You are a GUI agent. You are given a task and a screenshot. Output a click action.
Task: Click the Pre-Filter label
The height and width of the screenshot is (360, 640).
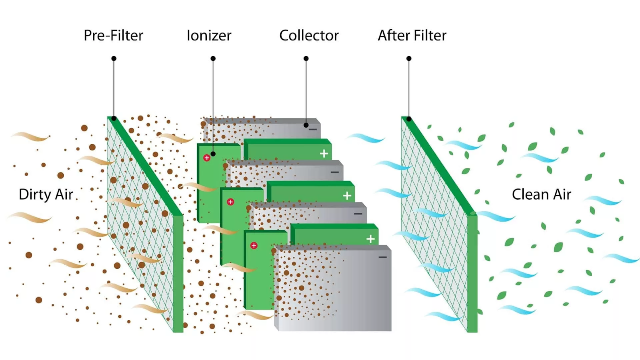pyautogui.click(x=114, y=36)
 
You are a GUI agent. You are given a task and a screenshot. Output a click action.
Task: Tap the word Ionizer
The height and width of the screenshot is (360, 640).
pyautogui.click(x=209, y=36)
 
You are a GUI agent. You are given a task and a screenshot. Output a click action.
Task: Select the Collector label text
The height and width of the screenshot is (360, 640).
pyautogui.click(x=309, y=36)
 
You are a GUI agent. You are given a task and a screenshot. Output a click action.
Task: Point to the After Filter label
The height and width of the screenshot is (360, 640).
pyautogui.click(x=412, y=36)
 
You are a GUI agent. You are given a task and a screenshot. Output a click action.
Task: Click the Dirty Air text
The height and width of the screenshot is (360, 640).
pyautogui.click(x=46, y=194)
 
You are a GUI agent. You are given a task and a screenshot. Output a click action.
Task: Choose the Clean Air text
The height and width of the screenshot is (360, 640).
pyautogui.click(x=542, y=194)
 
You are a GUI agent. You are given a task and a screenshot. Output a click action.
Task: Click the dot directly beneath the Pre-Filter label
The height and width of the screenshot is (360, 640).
pyautogui.click(x=114, y=58)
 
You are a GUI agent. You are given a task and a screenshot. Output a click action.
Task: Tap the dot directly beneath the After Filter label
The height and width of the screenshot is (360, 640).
pyautogui.click(x=409, y=58)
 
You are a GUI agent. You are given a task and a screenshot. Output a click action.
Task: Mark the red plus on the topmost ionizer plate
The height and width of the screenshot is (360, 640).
pyautogui.click(x=206, y=158)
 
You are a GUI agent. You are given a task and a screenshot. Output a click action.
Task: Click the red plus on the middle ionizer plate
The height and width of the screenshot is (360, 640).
pyautogui.click(x=230, y=202)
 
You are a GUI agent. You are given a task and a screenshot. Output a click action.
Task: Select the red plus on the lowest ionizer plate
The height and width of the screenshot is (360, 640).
pyautogui.click(x=254, y=246)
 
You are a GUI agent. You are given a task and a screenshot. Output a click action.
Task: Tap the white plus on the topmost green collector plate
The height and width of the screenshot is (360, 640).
pyautogui.click(x=324, y=154)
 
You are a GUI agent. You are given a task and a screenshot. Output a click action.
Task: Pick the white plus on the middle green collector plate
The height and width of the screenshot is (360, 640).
pyautogui.click(x=347, y=196)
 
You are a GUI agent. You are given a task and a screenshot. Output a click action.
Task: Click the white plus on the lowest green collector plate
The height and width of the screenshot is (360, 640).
pyautogui.click(x=370, y=239)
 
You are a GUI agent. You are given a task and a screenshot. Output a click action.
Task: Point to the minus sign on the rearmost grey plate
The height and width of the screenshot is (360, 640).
pyautogui.click(x=313, y=130)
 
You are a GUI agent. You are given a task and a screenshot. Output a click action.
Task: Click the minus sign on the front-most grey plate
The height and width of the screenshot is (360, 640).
pyautogui.click(x=382, y=257)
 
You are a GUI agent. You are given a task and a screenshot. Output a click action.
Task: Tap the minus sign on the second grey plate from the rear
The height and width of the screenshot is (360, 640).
pyautogui.click(x=335, y=172)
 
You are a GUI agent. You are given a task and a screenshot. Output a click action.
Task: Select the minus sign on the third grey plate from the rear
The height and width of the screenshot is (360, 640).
pyautogui.click(x=358, y=214)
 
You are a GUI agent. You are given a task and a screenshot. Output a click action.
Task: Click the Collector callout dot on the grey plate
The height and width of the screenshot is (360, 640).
pyautogui.click(x=306, y=125)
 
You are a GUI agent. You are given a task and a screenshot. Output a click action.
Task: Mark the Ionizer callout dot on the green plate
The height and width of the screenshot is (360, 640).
pyautogui.click(x=213, y=154)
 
